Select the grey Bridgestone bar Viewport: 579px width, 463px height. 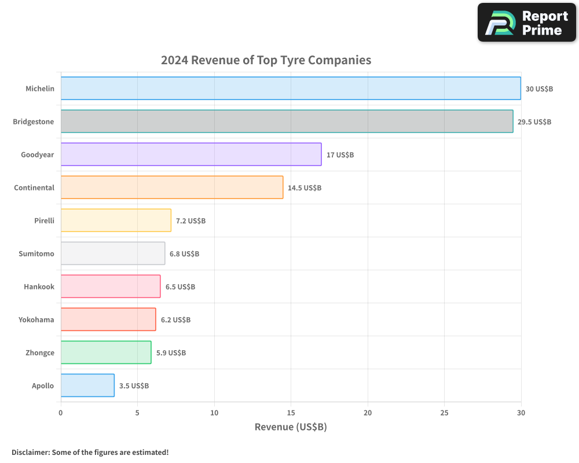click(x=287, y=122)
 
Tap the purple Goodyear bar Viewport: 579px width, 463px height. click(x=191, y=155)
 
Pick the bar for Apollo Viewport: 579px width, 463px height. click(x=87, y=385)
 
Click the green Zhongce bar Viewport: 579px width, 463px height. click(x=106, y=352)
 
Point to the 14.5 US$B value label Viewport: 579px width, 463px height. click(x=305, y=188)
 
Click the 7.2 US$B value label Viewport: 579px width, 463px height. click(x=190, y=221)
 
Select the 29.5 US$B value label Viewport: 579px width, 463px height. click(x=534, y=122)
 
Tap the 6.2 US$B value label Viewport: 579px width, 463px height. click(x=175, y=320)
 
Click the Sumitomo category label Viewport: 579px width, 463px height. click(x=36, y=253)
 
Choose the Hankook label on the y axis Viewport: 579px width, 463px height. click(x=39, y=286)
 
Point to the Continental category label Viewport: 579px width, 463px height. click(x=34, y=188)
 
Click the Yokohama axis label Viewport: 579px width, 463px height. click(x=36, y=319)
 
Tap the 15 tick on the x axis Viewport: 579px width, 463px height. click(x=291, y=413)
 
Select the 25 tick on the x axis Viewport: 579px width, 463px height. click(x=444, y=413)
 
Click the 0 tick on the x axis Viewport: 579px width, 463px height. click(x=61, y=413)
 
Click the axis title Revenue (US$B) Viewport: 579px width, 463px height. click(x=291, y=427)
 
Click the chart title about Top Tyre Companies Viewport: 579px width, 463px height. click(x=266, y=60)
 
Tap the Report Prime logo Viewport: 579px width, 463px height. click(x=527, y=23)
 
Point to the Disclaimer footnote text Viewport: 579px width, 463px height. click(x=90, y=452)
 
